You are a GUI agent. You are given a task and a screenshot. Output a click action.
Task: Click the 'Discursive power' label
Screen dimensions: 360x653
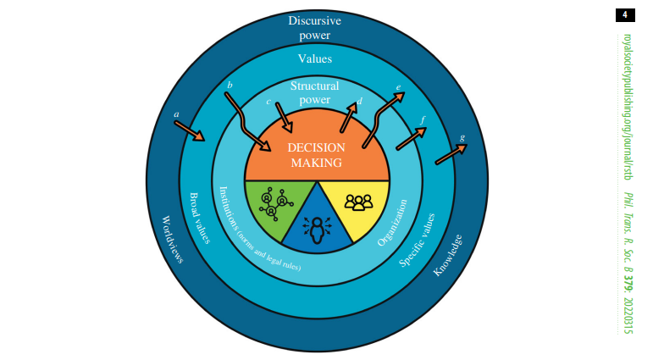click(x=315, y=28)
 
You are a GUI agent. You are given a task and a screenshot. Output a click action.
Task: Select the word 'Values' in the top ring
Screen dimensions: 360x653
click(x=315, y=59)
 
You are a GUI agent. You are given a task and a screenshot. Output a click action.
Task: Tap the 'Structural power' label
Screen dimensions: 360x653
click(x=315, y=92)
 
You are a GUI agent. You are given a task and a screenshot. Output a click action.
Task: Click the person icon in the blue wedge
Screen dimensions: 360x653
click(x=318, y=229)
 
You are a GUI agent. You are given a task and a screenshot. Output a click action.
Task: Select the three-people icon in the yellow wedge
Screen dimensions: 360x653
click(x=358, y=202)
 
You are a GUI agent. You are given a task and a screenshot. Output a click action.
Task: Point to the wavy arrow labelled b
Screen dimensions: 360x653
click(x=247, y=121)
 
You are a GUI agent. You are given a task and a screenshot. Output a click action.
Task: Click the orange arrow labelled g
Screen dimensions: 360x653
click(x=451, y=154)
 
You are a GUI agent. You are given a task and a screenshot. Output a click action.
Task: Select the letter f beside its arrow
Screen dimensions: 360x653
click(x=423, y=119)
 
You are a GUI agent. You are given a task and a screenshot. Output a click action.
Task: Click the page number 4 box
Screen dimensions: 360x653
click(x=624, y=15)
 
